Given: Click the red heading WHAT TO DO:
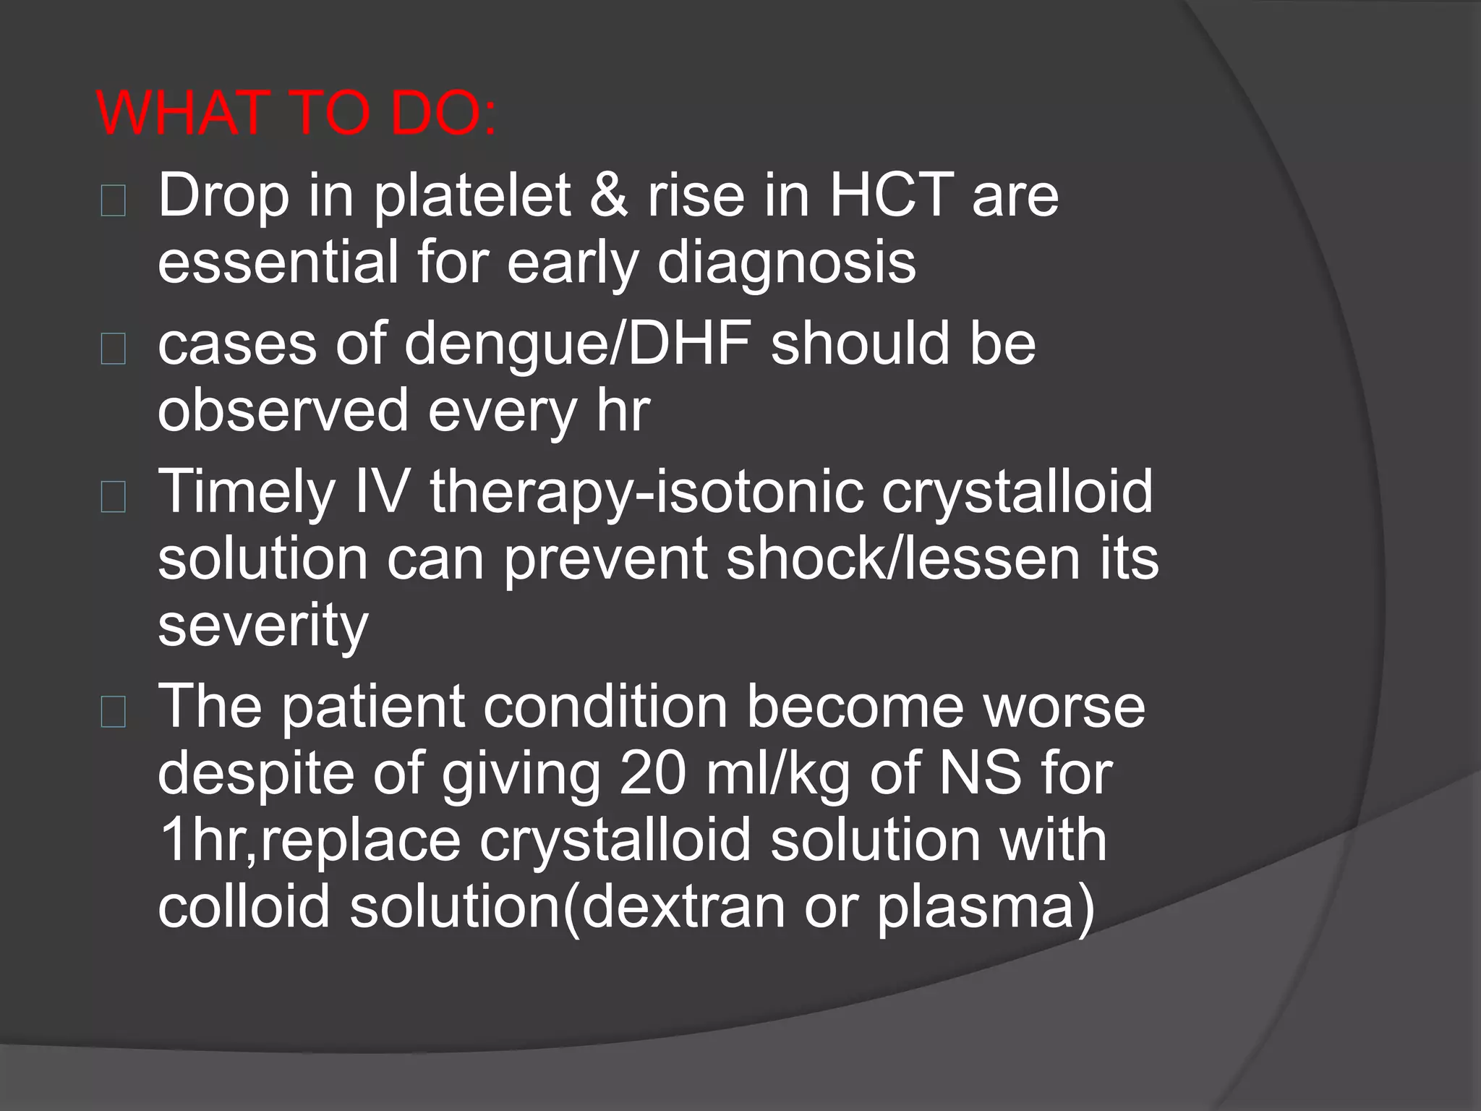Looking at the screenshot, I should click(296, 114).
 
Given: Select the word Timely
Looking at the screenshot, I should click(247, 492).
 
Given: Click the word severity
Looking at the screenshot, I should click(263, 626).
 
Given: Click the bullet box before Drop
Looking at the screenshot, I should click(114, 201).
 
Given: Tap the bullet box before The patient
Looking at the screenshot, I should click(114, 712).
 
